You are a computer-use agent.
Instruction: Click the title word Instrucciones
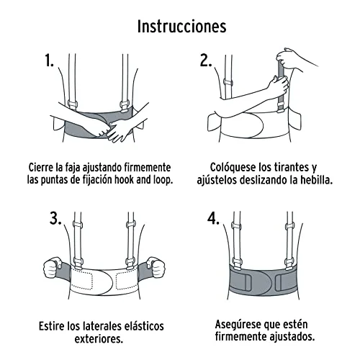[x=181, y=26]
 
